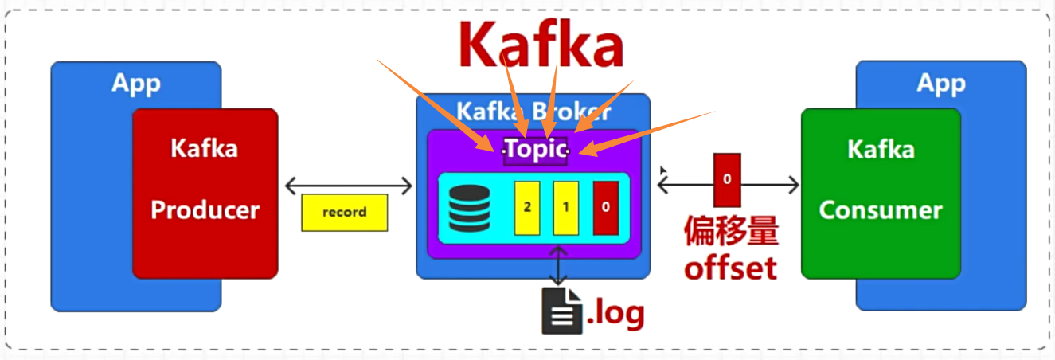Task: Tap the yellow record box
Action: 344,213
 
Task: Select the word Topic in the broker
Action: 535,149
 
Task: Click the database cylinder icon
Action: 470,208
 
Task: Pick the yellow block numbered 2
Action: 527,207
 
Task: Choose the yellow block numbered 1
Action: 565,207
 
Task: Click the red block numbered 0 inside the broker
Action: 605,207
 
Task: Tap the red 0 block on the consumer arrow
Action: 727,179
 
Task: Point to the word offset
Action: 730,268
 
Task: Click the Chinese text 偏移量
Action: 731,232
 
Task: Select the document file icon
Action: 562,311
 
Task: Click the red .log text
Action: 615,313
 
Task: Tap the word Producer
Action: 205,209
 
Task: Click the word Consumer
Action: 880,210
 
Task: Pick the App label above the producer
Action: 136,83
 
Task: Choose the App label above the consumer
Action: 941,83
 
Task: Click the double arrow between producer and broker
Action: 349,186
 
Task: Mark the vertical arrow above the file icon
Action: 559,265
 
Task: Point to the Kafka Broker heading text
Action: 533,111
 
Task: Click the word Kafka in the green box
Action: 880,149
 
